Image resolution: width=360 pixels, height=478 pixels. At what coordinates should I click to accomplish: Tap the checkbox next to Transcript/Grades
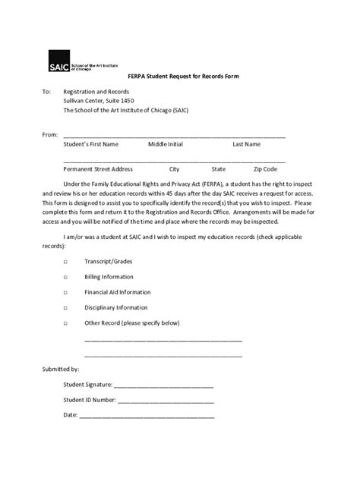65,260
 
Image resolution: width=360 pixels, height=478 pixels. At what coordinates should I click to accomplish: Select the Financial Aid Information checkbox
65,292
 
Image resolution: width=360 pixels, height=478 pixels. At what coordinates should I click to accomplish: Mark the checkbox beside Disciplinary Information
65,307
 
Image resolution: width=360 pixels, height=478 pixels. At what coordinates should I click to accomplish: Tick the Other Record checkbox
65,323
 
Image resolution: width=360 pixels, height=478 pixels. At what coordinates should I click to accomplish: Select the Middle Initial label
166,143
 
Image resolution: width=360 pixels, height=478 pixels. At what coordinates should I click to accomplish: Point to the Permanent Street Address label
98,169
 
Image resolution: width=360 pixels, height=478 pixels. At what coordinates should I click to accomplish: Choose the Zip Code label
266,169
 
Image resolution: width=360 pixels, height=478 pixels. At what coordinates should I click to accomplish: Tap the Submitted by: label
60,369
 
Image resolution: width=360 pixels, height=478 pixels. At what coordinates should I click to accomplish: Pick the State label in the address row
219,169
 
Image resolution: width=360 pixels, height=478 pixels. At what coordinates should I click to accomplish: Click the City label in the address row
174,169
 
